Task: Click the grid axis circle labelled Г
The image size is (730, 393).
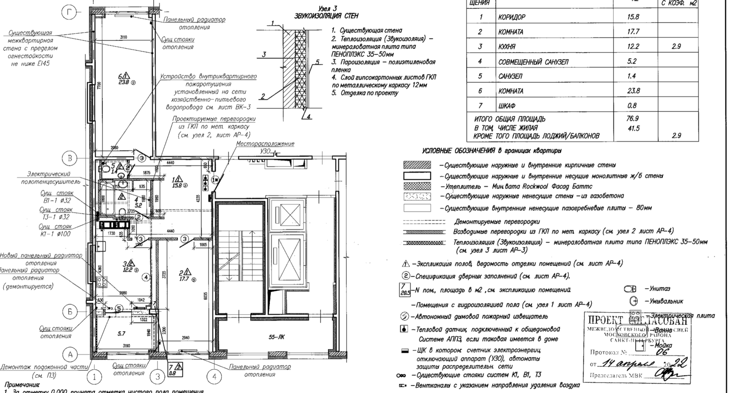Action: pyautogui.click(x=69, y=13)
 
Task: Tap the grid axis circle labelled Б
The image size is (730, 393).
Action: pyautogui.click(x=70, y=312)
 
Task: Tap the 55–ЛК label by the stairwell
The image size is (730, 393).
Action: pyautogui.click(x=277, y=337)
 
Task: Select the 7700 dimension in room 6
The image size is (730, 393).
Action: pyautogui.click(x=99, y=86)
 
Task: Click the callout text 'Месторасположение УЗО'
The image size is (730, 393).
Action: pyautogui.click(x=265, y=147)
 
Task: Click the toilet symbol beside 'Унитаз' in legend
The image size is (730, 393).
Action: pyautogui.click(x=630, y=289)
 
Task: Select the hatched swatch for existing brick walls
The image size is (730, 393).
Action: pyautogui.click(x=417, y=165)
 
